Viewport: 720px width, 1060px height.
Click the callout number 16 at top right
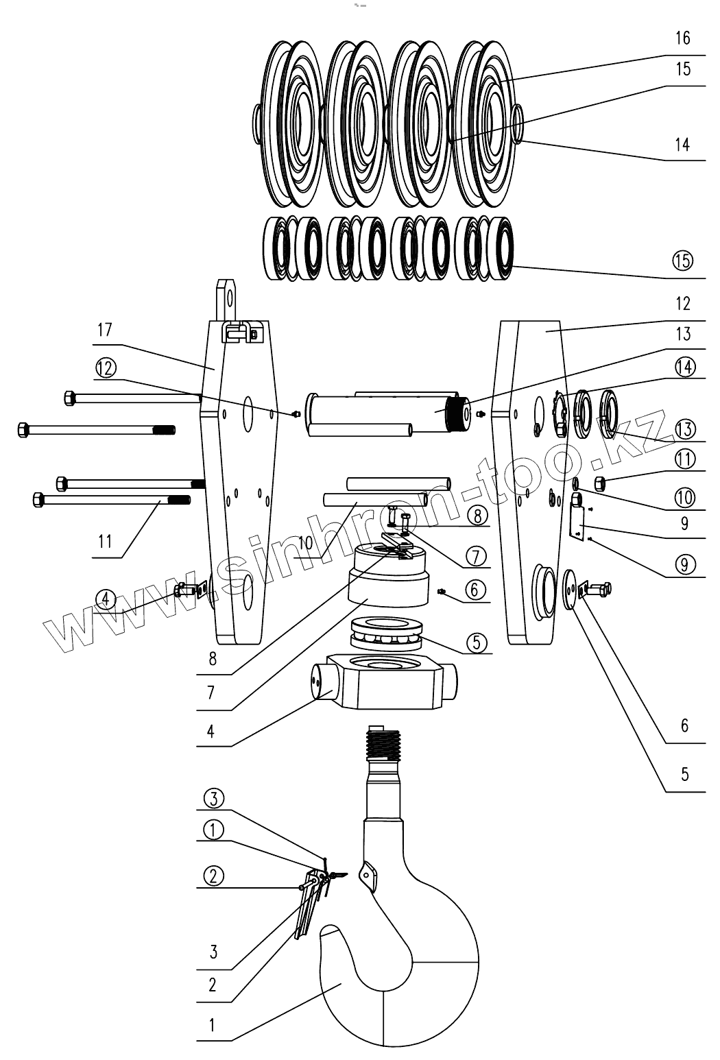tap(682, 38)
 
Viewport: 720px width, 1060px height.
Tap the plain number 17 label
tap(104, 329)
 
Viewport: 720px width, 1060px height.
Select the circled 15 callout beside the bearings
tap(683, 261)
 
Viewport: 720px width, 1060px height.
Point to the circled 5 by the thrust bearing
tap(477, 642)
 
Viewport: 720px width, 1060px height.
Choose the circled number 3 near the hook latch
tap(213, 798)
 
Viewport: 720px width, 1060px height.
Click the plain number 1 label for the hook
tap(212, 1026)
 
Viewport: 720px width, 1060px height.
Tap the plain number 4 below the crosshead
tap(211, 731)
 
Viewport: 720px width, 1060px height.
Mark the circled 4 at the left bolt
tap(104, 599)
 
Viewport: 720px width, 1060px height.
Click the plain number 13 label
tap(683, 335)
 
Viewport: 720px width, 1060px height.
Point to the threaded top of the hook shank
tap(383, 745)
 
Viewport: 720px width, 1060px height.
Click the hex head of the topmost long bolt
tap(69, 397)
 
